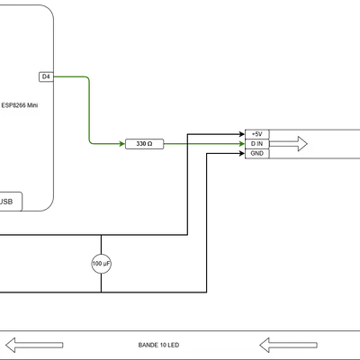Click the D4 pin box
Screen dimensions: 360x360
pos(46,76)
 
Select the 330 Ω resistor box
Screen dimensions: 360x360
pos(144,144)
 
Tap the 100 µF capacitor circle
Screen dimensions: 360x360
pos(101,264)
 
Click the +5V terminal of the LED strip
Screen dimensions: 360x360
pos(257,134)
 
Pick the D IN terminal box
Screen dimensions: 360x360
pos(257,144)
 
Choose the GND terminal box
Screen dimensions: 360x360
pos(257,154)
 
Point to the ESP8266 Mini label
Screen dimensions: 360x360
pos(20,105)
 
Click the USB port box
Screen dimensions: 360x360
pos(10,202)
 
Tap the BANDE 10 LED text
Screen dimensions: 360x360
pos(158,345)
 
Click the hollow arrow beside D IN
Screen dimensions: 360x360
pos(288,144)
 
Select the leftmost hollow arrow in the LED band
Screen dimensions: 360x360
pos(34,345)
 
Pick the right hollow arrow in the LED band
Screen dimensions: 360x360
pos(288,345)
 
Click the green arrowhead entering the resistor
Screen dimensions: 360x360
pos(122,144)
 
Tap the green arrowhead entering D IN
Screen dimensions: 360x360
pos(242,144)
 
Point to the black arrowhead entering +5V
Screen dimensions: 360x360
pos(242,134)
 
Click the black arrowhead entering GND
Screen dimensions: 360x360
pos(242,154)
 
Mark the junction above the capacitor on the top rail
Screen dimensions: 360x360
pos(101,235)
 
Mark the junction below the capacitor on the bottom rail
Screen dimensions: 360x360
pos(101,292)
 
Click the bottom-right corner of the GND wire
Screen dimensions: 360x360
pos(207,292)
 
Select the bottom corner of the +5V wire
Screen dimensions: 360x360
pos(187,235)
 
